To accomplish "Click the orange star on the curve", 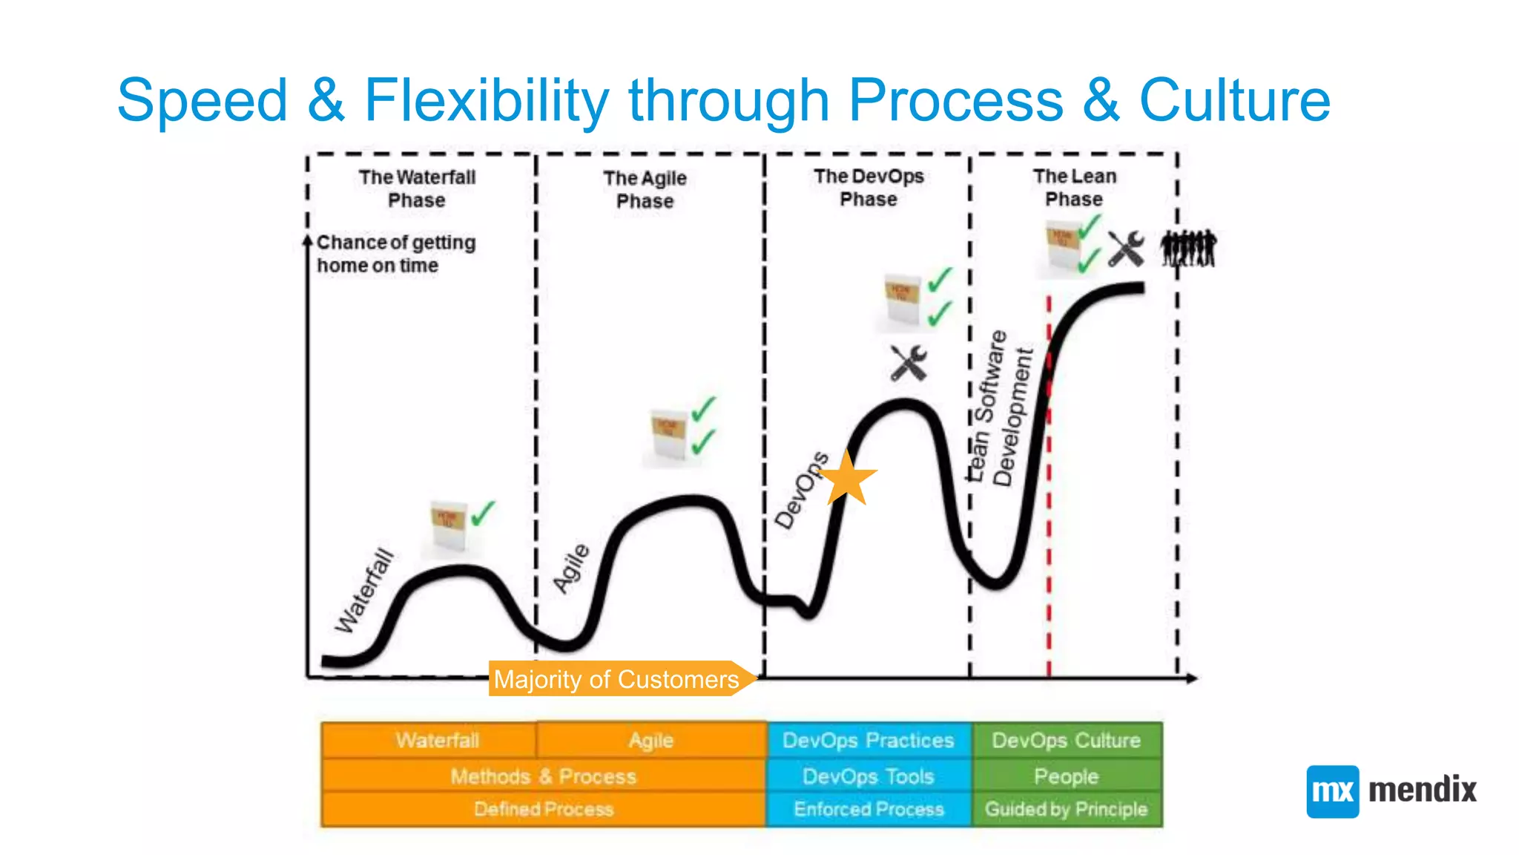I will click(x=848, y=479).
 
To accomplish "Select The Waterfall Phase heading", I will click(x=417, y=189).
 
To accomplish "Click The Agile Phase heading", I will click(x=645, y=189).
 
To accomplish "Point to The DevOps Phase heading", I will click(x=869, y=188).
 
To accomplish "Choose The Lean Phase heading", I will click(x=1074, y=187).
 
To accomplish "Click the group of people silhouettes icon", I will click(x=1188, y=249).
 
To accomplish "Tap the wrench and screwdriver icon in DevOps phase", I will click(x=909, y=364).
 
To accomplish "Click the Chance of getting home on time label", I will click(x=395, y=254).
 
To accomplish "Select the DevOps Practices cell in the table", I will click(x=868, y=740).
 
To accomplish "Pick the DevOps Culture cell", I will click(x=1066, y=740).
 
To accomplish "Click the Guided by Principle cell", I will click(x=1066, y=809).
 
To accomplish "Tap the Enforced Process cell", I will click(x=868, y=809).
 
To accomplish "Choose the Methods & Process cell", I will click(x=543, y=776).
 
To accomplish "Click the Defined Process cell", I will click(x=543, y=809).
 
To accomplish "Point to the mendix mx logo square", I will click(x=1332, y=791).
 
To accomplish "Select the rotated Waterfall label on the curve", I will click(x=363, y=591).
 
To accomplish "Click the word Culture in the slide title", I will click(x=1234, y=100).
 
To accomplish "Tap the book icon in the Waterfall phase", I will click(x=449, y=526).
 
